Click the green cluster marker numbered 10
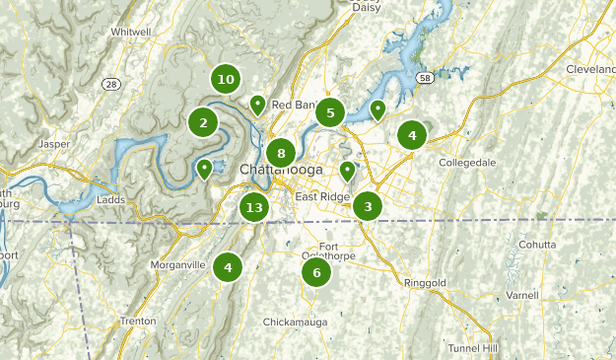[226, 79]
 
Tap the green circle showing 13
[254, 207]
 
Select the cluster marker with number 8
[281, 153]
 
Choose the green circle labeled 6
[316, 273]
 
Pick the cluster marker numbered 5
[330, 112]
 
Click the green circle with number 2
[203, 122]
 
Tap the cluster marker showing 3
[368, 206]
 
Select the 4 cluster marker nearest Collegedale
[412, 136]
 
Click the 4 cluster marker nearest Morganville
[228, 265]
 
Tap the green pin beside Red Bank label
[257, 104]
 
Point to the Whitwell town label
[130, 32]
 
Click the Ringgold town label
[425, 283]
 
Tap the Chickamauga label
[296, 323]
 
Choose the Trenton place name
[137, 322]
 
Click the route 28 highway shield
[110, 84]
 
